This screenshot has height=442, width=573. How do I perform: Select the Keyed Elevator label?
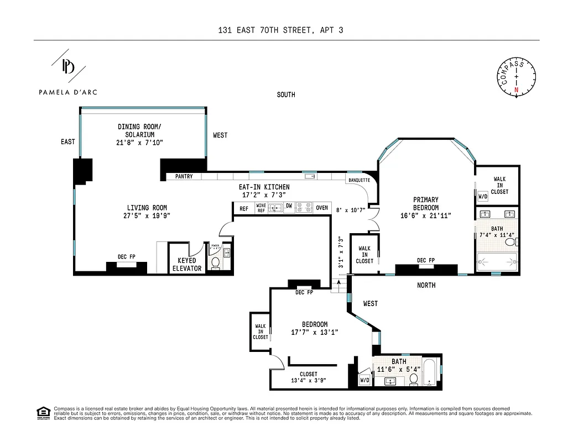tap(187, 265)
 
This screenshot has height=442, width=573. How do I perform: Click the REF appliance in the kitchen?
tap(243, 208)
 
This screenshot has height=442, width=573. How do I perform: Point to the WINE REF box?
tap(261, 208)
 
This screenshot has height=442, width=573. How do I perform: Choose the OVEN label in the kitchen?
tap(321, 208)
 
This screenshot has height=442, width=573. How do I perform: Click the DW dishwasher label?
tap(289, 206)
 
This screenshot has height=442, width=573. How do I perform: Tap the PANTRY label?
tap(184, 177)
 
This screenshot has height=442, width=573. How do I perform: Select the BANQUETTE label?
tap(358, 181)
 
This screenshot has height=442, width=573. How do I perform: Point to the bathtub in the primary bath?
tap(497, 260)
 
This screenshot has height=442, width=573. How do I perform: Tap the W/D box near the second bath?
tap(364, 380)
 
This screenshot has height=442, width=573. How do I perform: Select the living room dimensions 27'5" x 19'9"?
tap(146, 216)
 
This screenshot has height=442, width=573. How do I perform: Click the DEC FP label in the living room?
tap(127, 257)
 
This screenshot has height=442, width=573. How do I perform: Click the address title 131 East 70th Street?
tap(281, 30)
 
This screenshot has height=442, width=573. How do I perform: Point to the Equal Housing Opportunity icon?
tap(43, 412)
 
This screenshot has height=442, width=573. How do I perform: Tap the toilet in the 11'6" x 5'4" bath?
tap(413, 378)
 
